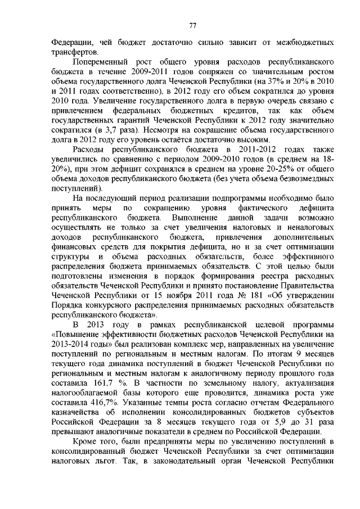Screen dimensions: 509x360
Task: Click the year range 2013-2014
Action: click(x=71, y=344)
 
